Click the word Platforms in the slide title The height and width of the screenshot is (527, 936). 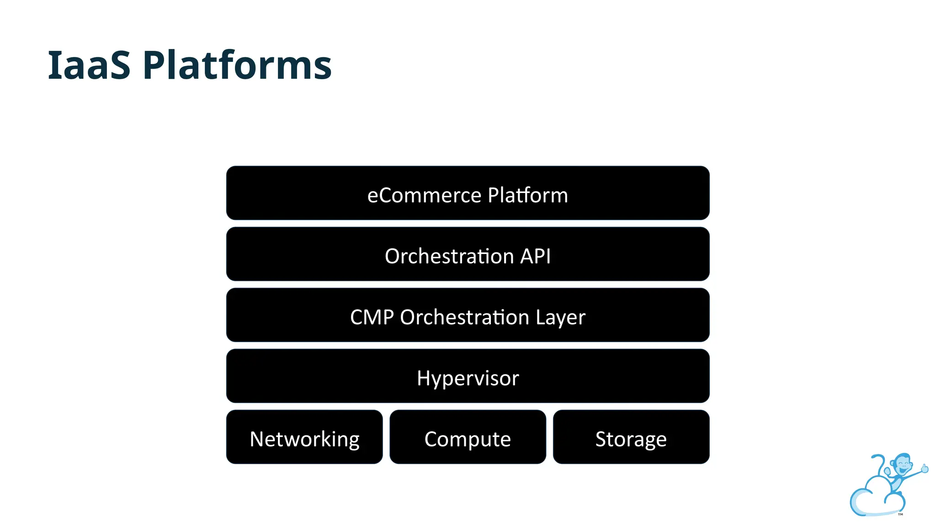coord(237,65)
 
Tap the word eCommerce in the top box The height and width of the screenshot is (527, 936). coord(424,195)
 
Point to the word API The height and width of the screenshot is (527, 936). coord(535,256)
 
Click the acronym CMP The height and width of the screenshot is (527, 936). coord(372,317)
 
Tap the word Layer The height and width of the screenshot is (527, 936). coord(560,317)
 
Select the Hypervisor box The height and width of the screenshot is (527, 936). coord(468,376)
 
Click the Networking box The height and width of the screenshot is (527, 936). coord(304,437)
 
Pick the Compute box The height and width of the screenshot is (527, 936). coord(468,437)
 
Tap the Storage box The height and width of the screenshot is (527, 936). coord(631,437)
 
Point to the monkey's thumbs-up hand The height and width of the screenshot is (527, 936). coord(924,468)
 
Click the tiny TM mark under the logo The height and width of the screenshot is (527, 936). coord(900,515)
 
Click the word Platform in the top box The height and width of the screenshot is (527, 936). coord(527,195)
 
